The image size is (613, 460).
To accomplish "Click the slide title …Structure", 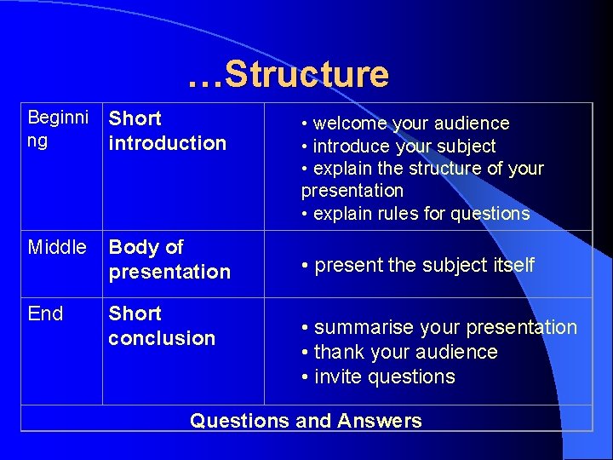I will tap(288, 74).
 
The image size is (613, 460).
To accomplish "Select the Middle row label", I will tap(57, 248).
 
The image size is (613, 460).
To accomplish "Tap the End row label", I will tap(45, 313).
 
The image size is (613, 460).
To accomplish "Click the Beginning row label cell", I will tap(57, 129).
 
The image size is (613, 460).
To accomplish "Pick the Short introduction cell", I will tap(168, 130).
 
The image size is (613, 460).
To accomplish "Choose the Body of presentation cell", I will tap(169, 260).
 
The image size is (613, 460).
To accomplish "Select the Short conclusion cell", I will tap(162, 326).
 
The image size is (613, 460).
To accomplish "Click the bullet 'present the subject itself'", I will tap(418, 265).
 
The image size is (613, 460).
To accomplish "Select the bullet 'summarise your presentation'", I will tap(439, 327).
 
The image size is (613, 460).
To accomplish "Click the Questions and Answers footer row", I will tap(306, 420).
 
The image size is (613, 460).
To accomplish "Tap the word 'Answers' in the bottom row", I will tap(379, 420).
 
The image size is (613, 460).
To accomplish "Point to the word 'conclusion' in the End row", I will tap(162, 338).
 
